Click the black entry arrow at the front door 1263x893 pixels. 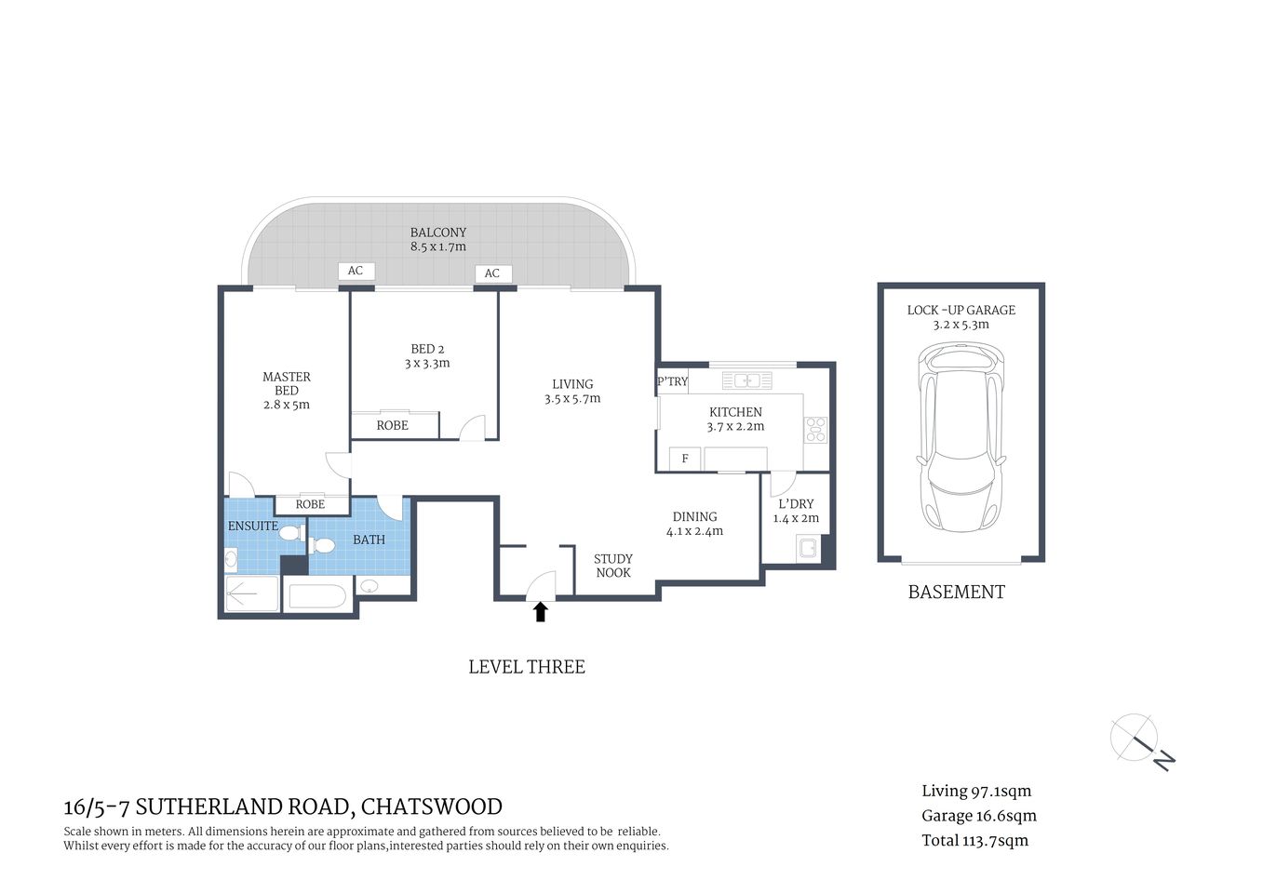point(540,611)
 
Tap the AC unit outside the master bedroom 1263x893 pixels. point(356,271)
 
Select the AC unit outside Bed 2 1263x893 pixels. point(492,273)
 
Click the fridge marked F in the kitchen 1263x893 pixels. point(685,459)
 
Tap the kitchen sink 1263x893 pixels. point(746,380)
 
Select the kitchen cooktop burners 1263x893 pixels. point(815,429)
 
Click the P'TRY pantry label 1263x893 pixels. point(672,381)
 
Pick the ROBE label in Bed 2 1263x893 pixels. point(392,425)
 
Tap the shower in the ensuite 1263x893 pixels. point(252,593)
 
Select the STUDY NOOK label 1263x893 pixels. point(612,566)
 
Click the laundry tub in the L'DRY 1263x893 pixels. point(807,548)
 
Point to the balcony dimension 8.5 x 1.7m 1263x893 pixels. point(438,247)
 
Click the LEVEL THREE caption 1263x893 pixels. point(526,667)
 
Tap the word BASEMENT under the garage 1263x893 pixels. point(956,593)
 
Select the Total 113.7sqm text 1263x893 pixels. point(974,841)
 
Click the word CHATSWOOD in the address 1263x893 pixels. point(431,806)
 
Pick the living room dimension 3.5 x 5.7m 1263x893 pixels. point(572,399)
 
